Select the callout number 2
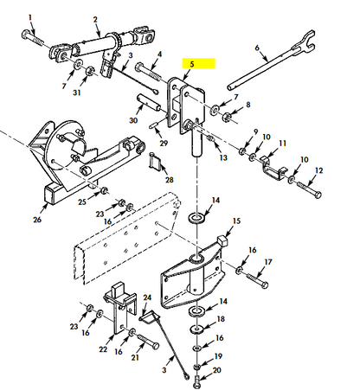click(x=95, y=18)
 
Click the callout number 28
click(x=170, y=179)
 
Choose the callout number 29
click(x=164, y=136)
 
